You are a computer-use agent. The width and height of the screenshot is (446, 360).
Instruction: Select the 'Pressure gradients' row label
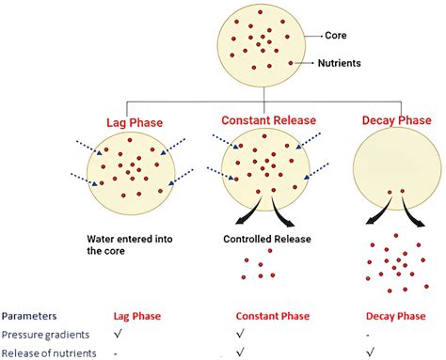[x=46, y=335]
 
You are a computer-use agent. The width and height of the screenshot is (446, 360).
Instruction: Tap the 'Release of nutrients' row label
[x=49, y=352]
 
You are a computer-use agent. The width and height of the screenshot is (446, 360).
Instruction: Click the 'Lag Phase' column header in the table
[x=131, y=317]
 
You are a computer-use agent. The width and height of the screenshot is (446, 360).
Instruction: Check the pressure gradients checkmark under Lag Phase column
[x=117, y=335]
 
